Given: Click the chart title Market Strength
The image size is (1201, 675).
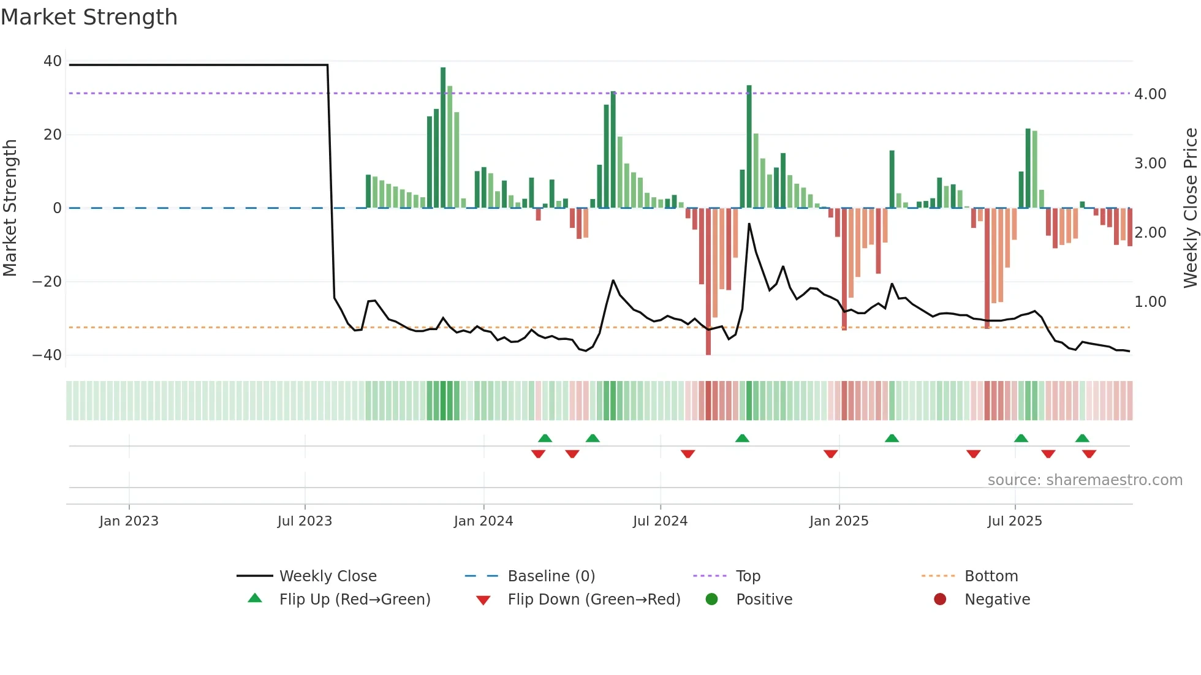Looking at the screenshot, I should tap(89, 17).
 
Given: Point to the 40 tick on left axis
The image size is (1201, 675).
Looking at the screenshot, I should tap(53, 61).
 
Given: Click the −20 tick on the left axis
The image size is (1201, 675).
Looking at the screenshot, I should tap(47, 282).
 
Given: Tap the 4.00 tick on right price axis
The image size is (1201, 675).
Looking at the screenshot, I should tap(1150, 94).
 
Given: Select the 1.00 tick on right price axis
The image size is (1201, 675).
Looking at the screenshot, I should tap(1150, 302).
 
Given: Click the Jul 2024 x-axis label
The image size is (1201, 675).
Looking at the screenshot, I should tap(660, 521).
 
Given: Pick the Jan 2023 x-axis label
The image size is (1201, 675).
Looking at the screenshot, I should tap(129, 521).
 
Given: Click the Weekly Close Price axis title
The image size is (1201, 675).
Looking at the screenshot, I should tap(1190, 208).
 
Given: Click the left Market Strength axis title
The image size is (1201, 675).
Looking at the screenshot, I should tap(10, 208).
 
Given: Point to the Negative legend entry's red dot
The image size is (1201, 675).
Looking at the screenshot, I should tap(940, 600).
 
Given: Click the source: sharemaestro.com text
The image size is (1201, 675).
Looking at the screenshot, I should tap(1085, 480).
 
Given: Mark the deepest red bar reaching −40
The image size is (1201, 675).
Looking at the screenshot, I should tap(708, 282).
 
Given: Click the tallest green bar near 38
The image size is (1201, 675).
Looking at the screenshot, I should tap(443, 138).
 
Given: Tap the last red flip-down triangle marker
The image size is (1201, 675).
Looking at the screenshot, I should tap(1089, 454).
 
